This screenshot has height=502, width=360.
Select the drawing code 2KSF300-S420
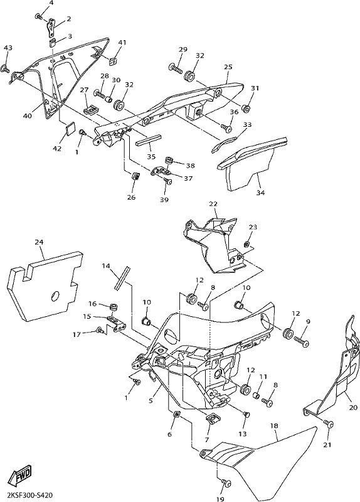point(27,494)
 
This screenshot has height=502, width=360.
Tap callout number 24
point(40,242)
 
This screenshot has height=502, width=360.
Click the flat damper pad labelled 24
point(44,286)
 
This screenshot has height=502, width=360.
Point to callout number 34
point(260,193)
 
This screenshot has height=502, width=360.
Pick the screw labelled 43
point(5,68)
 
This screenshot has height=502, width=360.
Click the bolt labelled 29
point(176,68)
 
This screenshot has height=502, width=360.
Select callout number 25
point(228,67)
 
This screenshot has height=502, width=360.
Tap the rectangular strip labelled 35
point(149,140)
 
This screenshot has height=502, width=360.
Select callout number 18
point(274,426)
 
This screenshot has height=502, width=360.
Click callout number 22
point(213,204)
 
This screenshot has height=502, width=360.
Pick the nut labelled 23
point(246,245)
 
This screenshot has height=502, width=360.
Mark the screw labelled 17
point(100,330)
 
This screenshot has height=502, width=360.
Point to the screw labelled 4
point(38,16)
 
